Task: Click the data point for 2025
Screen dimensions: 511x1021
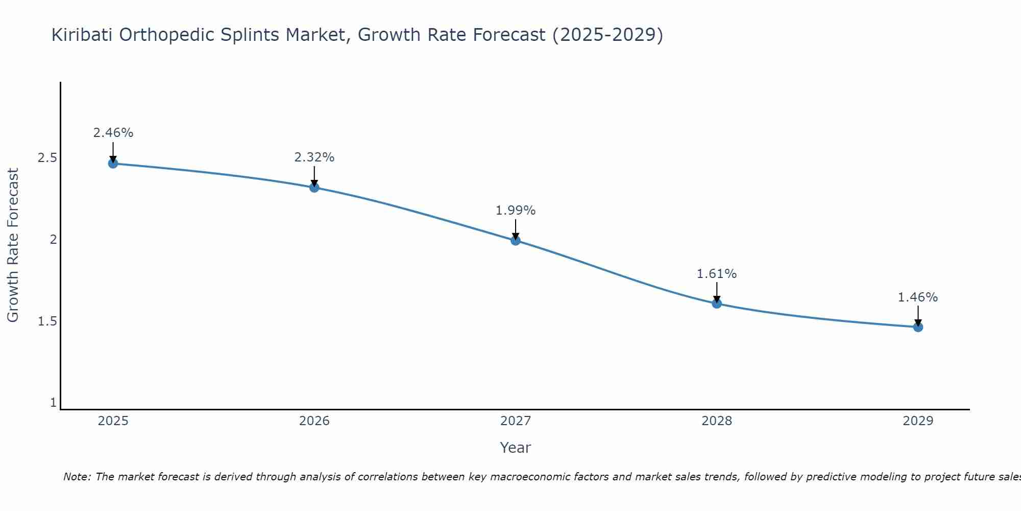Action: point(113,164)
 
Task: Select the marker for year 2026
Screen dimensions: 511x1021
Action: point(314,188)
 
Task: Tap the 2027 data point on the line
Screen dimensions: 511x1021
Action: point(516,240)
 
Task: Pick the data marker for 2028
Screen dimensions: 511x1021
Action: point(717,304)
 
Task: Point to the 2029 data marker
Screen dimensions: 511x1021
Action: point(918,327)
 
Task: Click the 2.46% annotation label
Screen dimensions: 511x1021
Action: point(113,133)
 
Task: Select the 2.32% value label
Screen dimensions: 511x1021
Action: point(314,157)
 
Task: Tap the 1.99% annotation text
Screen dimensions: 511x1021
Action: point(516,211)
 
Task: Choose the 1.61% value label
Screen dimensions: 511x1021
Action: point(717,274)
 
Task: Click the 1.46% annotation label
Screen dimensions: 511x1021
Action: point(918,297)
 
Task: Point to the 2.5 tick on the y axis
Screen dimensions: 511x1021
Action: point(47,158)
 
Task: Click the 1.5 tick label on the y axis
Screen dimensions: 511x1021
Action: point(47,321)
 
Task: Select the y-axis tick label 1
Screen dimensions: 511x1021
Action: point(53,403)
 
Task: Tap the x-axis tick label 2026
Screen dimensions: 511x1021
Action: point(314,421)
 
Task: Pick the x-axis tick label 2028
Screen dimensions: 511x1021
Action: point(717,421)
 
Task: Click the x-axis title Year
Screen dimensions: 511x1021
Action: point(516,448)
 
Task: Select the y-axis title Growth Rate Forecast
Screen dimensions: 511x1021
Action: point(13,245)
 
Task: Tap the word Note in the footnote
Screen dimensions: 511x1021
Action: point(77,477)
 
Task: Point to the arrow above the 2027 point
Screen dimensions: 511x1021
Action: point(516,229)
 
